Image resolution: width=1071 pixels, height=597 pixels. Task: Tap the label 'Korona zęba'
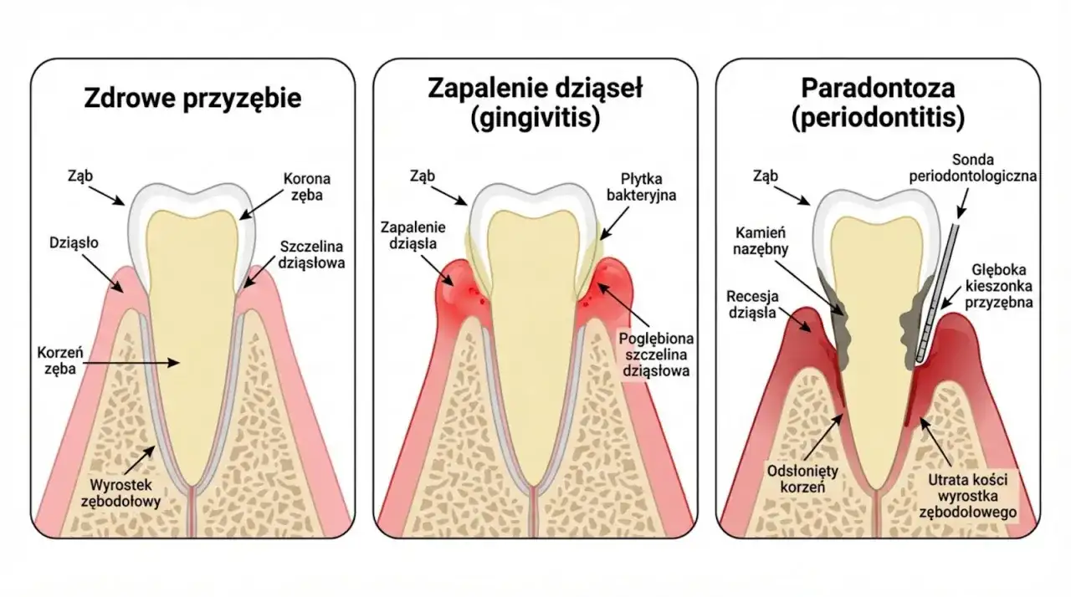click(307, 186)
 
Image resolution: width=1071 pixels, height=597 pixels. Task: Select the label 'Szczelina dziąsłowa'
click(311, 254)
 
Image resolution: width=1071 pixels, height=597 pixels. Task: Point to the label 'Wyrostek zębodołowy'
click(121, 492)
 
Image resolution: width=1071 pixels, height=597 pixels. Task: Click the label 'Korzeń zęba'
click(60, 360)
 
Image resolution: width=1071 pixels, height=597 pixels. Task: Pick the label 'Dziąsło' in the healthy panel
click(74, 243)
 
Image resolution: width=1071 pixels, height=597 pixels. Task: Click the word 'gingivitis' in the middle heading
click(535, 118)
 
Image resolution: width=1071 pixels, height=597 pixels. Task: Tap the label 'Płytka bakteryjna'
click(641, 186)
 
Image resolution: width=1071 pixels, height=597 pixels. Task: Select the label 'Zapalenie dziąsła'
click(413, 235)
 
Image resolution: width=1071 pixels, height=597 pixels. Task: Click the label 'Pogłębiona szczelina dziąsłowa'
click(656, 355)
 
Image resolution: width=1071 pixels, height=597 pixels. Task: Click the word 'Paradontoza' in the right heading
click(878, 89)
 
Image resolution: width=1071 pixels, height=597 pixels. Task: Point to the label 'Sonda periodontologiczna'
click(972, 167)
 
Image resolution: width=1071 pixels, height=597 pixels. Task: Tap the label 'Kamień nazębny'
click(761, 241)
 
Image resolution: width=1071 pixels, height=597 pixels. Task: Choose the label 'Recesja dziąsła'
click(752, 304)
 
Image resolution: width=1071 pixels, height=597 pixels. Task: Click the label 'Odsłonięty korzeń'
click(802, 479)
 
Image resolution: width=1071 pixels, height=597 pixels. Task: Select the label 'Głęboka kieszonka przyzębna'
click(999, 286)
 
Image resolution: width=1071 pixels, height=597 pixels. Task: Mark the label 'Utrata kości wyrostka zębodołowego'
click(968, 496)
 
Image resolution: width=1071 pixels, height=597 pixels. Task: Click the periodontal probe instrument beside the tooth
click(938, 293)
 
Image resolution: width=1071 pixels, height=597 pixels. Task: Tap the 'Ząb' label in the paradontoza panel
click(766, 176)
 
